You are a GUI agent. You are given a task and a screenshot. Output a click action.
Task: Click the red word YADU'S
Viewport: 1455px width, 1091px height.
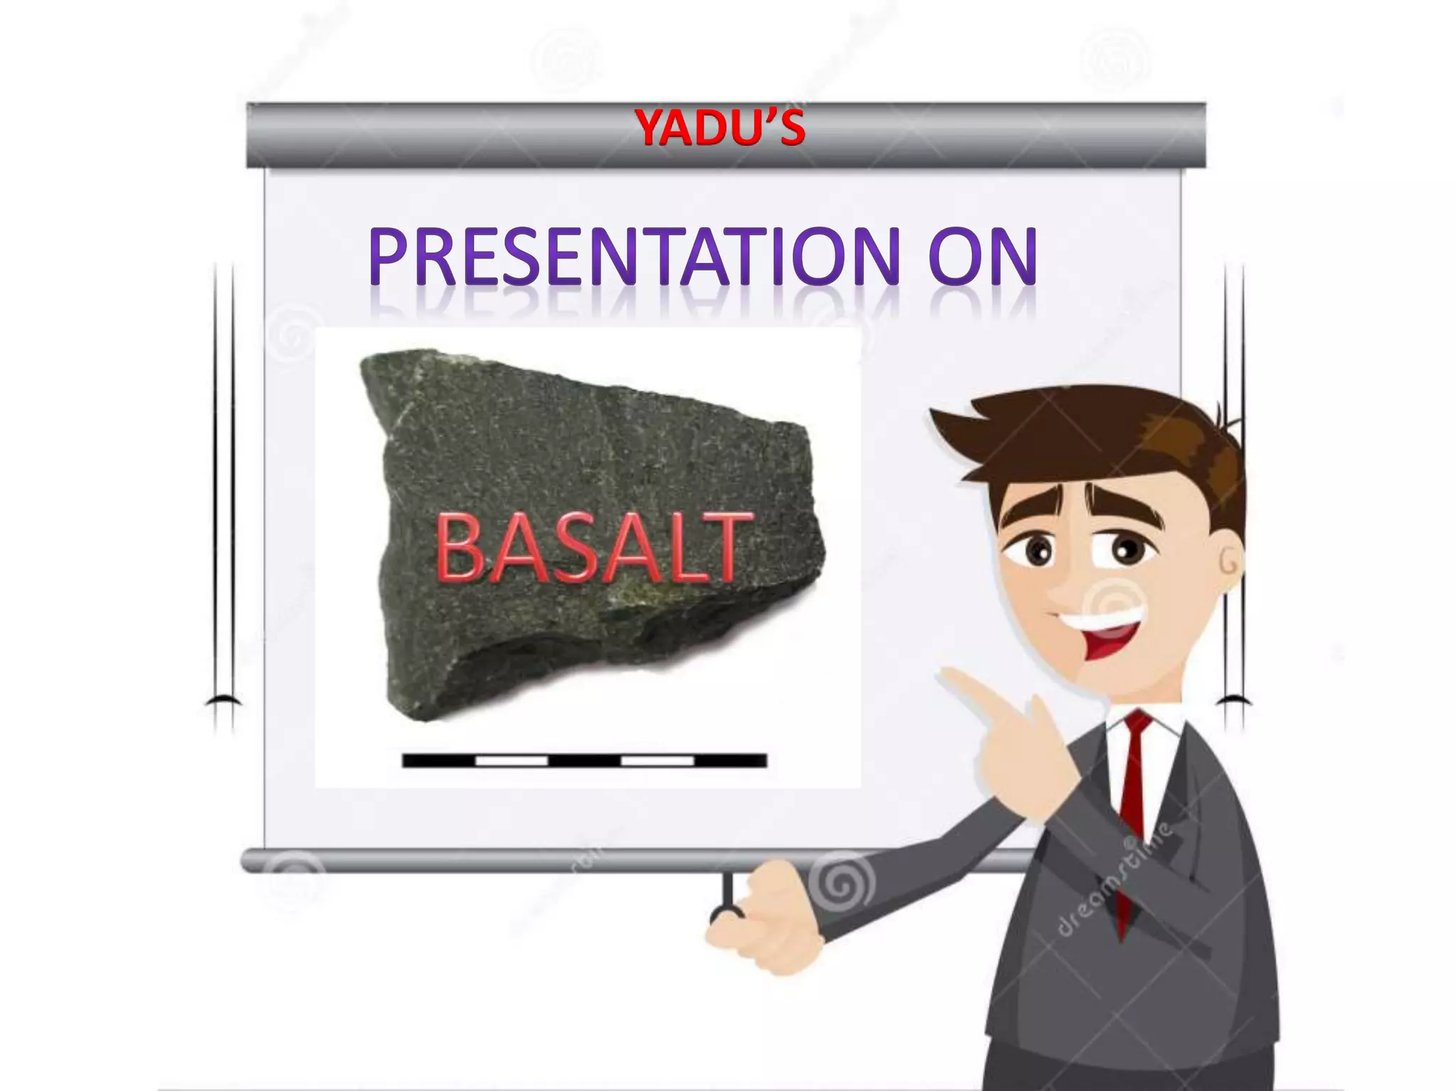click(x=720, y=129)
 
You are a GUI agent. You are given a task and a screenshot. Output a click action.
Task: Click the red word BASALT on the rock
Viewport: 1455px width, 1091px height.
click(x=593, y=548)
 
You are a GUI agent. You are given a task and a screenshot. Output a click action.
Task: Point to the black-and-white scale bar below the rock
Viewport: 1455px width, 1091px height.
click(x=584, y=761)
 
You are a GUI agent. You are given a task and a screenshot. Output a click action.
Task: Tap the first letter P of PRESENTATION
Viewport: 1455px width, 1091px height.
click(x=391, y=256)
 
